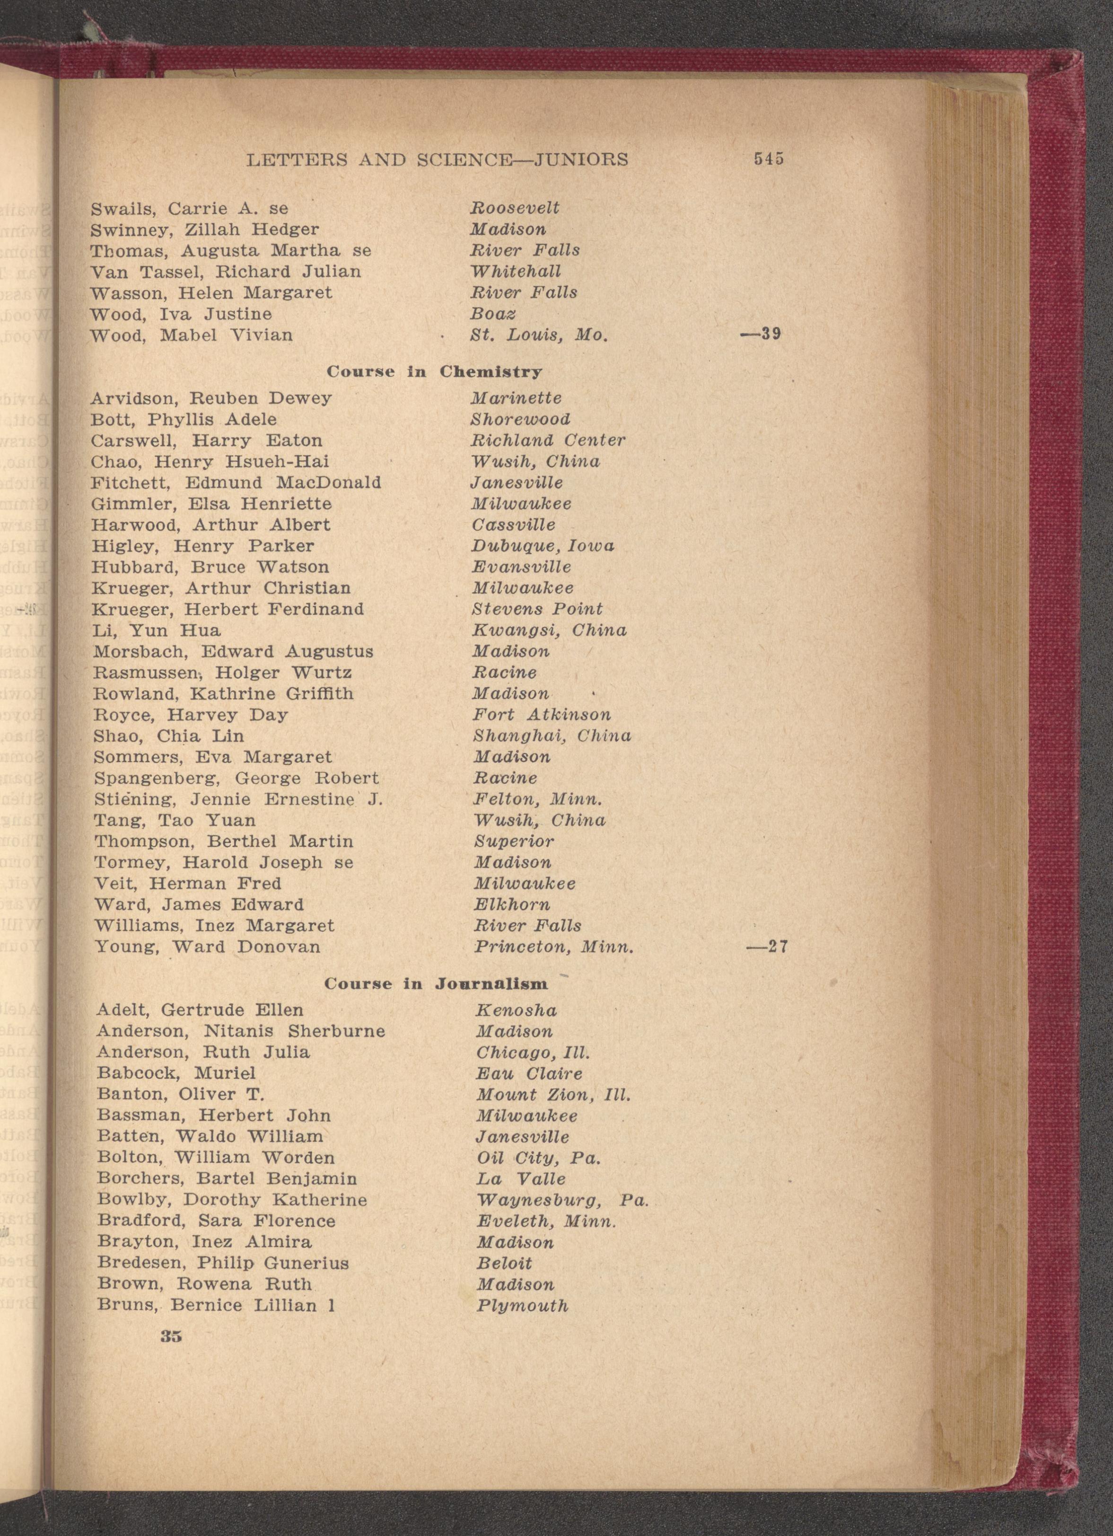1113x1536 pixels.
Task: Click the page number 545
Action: (768, 159)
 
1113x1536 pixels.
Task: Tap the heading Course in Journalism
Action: (435, 983)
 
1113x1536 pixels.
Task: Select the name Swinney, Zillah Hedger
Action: (204, 229)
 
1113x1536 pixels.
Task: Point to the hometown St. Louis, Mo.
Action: (539, 335)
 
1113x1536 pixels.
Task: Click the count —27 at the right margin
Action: (767, 946)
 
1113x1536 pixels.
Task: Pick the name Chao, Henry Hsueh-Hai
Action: (210, 462)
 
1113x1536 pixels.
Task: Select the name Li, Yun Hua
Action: (157, 631)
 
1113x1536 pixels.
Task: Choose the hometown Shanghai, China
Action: (552, 736)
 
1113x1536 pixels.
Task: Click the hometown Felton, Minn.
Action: (537, 799)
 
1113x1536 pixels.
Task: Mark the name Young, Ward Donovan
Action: (207, 946)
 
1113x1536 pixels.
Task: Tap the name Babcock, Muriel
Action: (176, 1073)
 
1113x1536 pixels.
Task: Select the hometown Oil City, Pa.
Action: (538, 1158)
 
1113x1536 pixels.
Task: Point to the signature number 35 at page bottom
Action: (171, 1336)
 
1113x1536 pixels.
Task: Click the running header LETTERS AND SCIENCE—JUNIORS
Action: (438, 160)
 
